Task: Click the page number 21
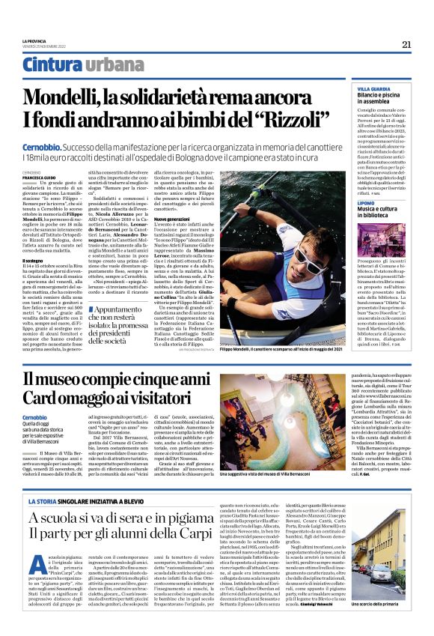406,44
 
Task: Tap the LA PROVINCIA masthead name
34,41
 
